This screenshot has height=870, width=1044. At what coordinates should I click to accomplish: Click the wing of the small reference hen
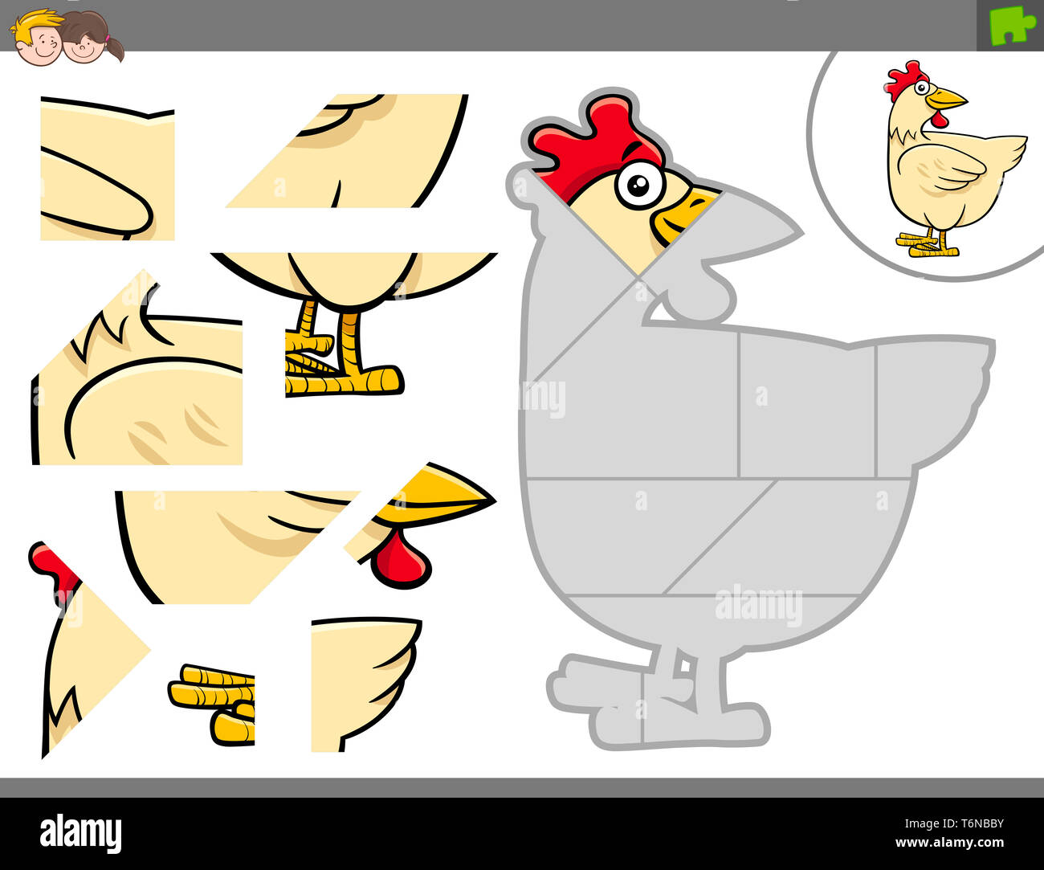coord(948,168)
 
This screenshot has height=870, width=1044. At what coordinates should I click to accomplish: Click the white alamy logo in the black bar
coord(80,834)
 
